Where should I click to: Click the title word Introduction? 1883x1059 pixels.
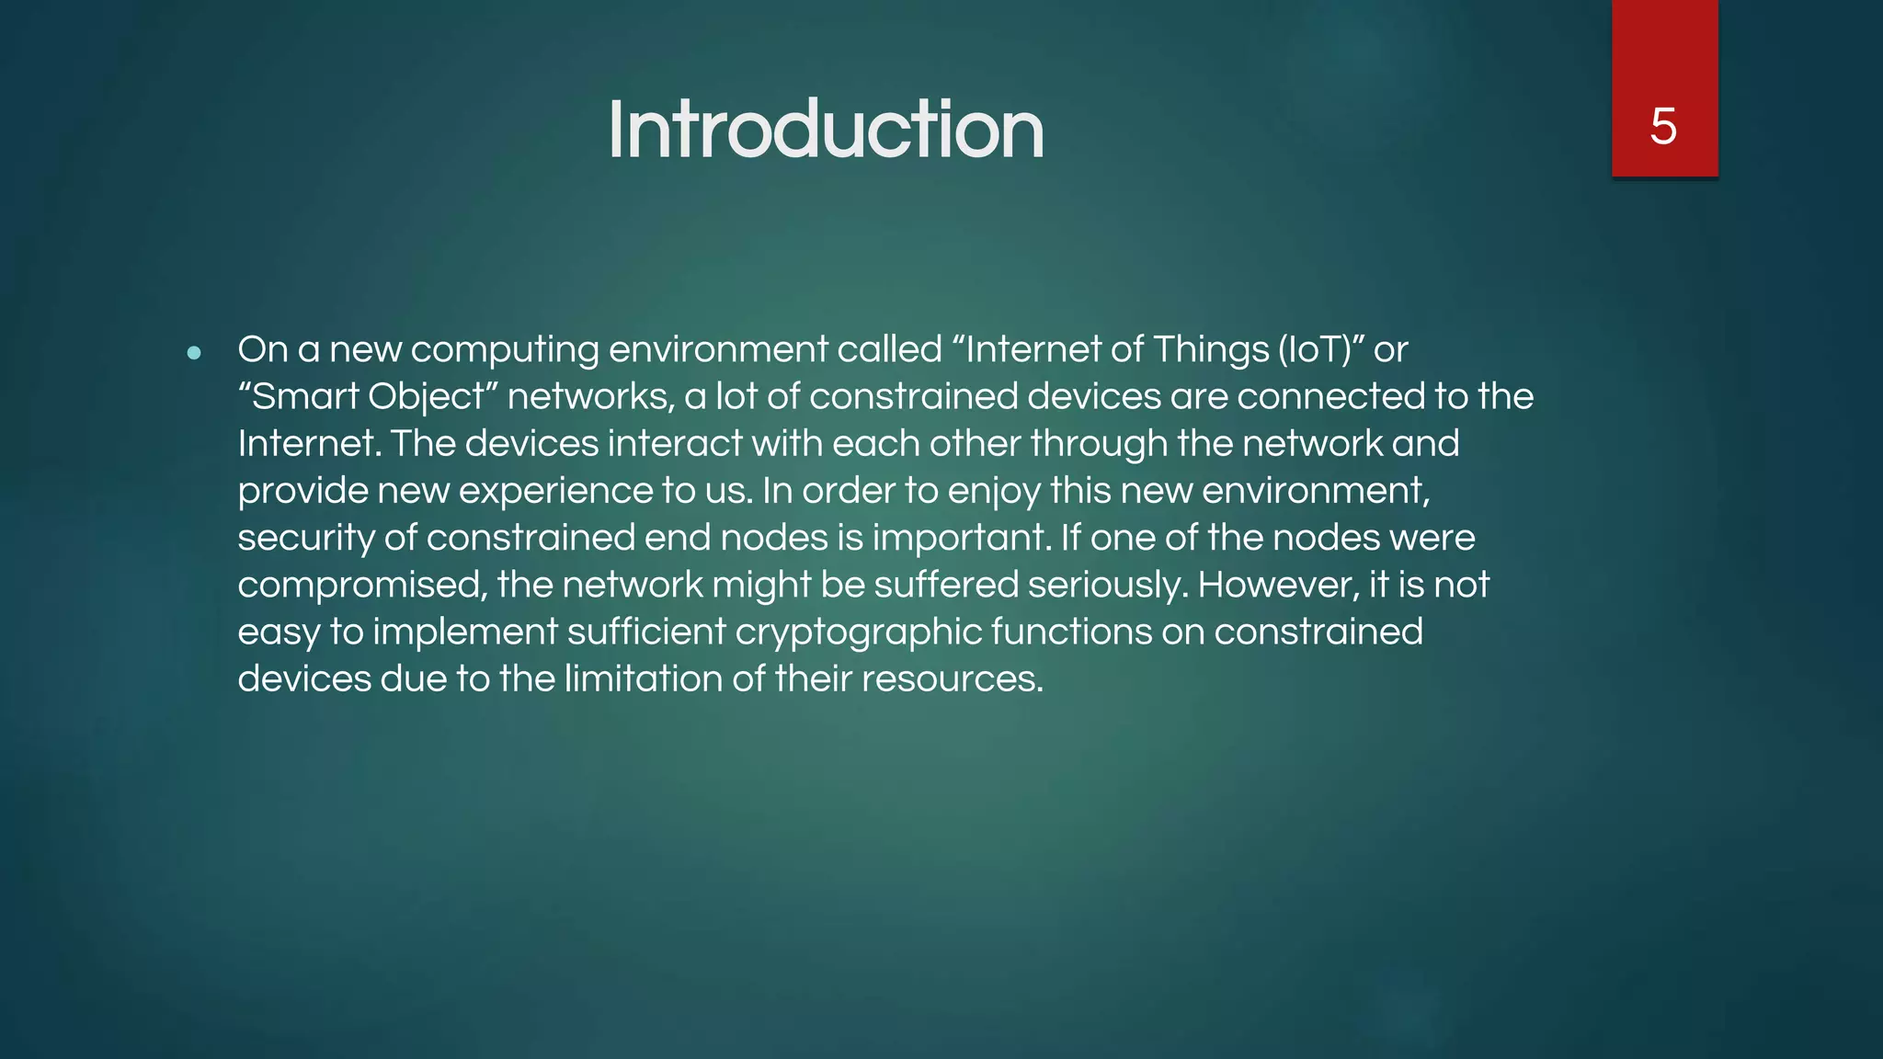click(x=825, y=130)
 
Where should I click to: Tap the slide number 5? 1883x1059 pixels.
click(x=1663, y=126)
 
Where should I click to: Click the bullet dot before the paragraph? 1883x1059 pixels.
click(x=193, y=352)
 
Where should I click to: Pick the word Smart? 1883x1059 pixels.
click(x=304, y=397)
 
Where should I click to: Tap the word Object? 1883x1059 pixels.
click(x=427, y=397)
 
